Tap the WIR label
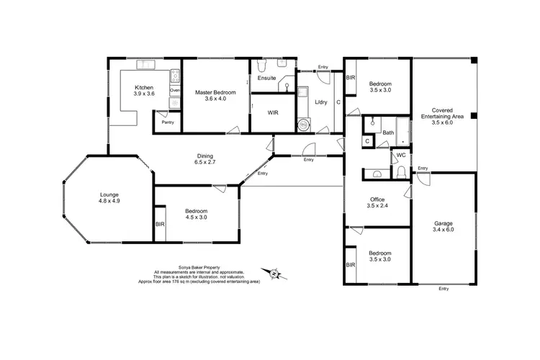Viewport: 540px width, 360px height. [273, 112]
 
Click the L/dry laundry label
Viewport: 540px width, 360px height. [321, 102]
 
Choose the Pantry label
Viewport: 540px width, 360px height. [168, 122]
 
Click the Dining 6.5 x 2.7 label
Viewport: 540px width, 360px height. [206, 159]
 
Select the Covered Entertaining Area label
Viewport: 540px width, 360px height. [443, 115]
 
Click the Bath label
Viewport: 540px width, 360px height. [388, 132]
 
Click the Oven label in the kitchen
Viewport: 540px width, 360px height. [174, 91]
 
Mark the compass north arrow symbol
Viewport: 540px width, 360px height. [274, 274]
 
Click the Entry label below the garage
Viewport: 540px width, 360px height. [443, 289]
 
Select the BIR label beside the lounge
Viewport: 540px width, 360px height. [160, 225]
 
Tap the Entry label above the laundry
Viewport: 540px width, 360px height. [323, 67]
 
